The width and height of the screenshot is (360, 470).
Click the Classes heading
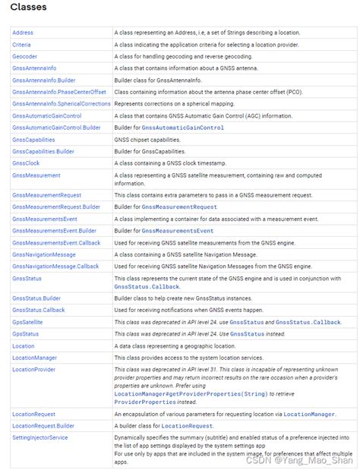pos(28,8)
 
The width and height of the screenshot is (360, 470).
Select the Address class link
pos(23,33)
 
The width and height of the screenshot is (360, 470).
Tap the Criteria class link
pos(22,45)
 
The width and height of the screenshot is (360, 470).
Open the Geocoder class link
pos(24,57)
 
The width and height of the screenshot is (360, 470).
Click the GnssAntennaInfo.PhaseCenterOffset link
pos(59,92)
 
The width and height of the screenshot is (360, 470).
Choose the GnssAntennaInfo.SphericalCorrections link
pos(62,104)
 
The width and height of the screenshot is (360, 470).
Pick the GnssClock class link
pos(26,163)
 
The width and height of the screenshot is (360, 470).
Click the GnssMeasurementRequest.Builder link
pos(56,207)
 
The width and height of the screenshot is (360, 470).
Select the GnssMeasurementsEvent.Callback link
pos(56,242)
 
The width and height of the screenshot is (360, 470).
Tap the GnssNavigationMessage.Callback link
pos(55,267)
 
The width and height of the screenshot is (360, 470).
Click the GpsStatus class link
pos(25,334)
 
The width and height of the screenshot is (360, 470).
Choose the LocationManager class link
pos(34,358)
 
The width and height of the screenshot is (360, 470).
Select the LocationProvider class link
pos(33,369)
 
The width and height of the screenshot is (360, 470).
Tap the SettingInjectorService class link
pos(39,437)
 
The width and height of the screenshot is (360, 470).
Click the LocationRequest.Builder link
pos(43,426)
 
